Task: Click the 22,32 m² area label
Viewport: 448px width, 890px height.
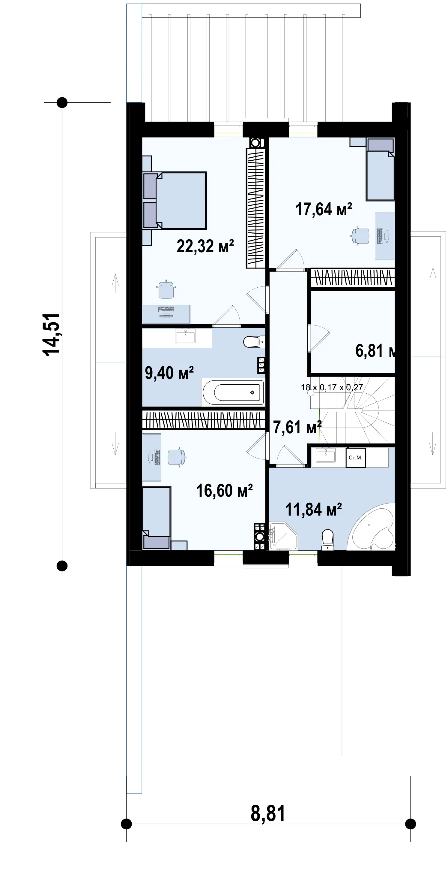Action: coord(205,246)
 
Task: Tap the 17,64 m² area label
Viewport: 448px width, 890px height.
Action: coord(324,209)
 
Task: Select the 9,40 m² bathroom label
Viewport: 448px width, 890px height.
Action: coord(169,373)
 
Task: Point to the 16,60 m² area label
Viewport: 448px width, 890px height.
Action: coord(224,490)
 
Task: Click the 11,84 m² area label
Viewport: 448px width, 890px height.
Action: coord(313,509)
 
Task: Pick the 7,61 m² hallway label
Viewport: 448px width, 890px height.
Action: coord(297,427)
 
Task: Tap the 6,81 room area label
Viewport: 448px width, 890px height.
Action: coord(375,351)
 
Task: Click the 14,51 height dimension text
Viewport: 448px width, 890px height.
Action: coord(51,334)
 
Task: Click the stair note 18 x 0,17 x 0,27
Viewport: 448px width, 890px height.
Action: coord(332,387)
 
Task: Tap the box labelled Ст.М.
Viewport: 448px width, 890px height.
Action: coord(356,457)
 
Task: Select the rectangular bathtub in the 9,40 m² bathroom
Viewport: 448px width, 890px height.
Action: coord(233,392)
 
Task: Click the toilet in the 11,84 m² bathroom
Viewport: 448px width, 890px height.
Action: coord(327,540)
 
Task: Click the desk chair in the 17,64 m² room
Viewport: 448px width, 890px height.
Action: coord(360,236)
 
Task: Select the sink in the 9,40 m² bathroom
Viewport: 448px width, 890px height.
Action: coord(185,335)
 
